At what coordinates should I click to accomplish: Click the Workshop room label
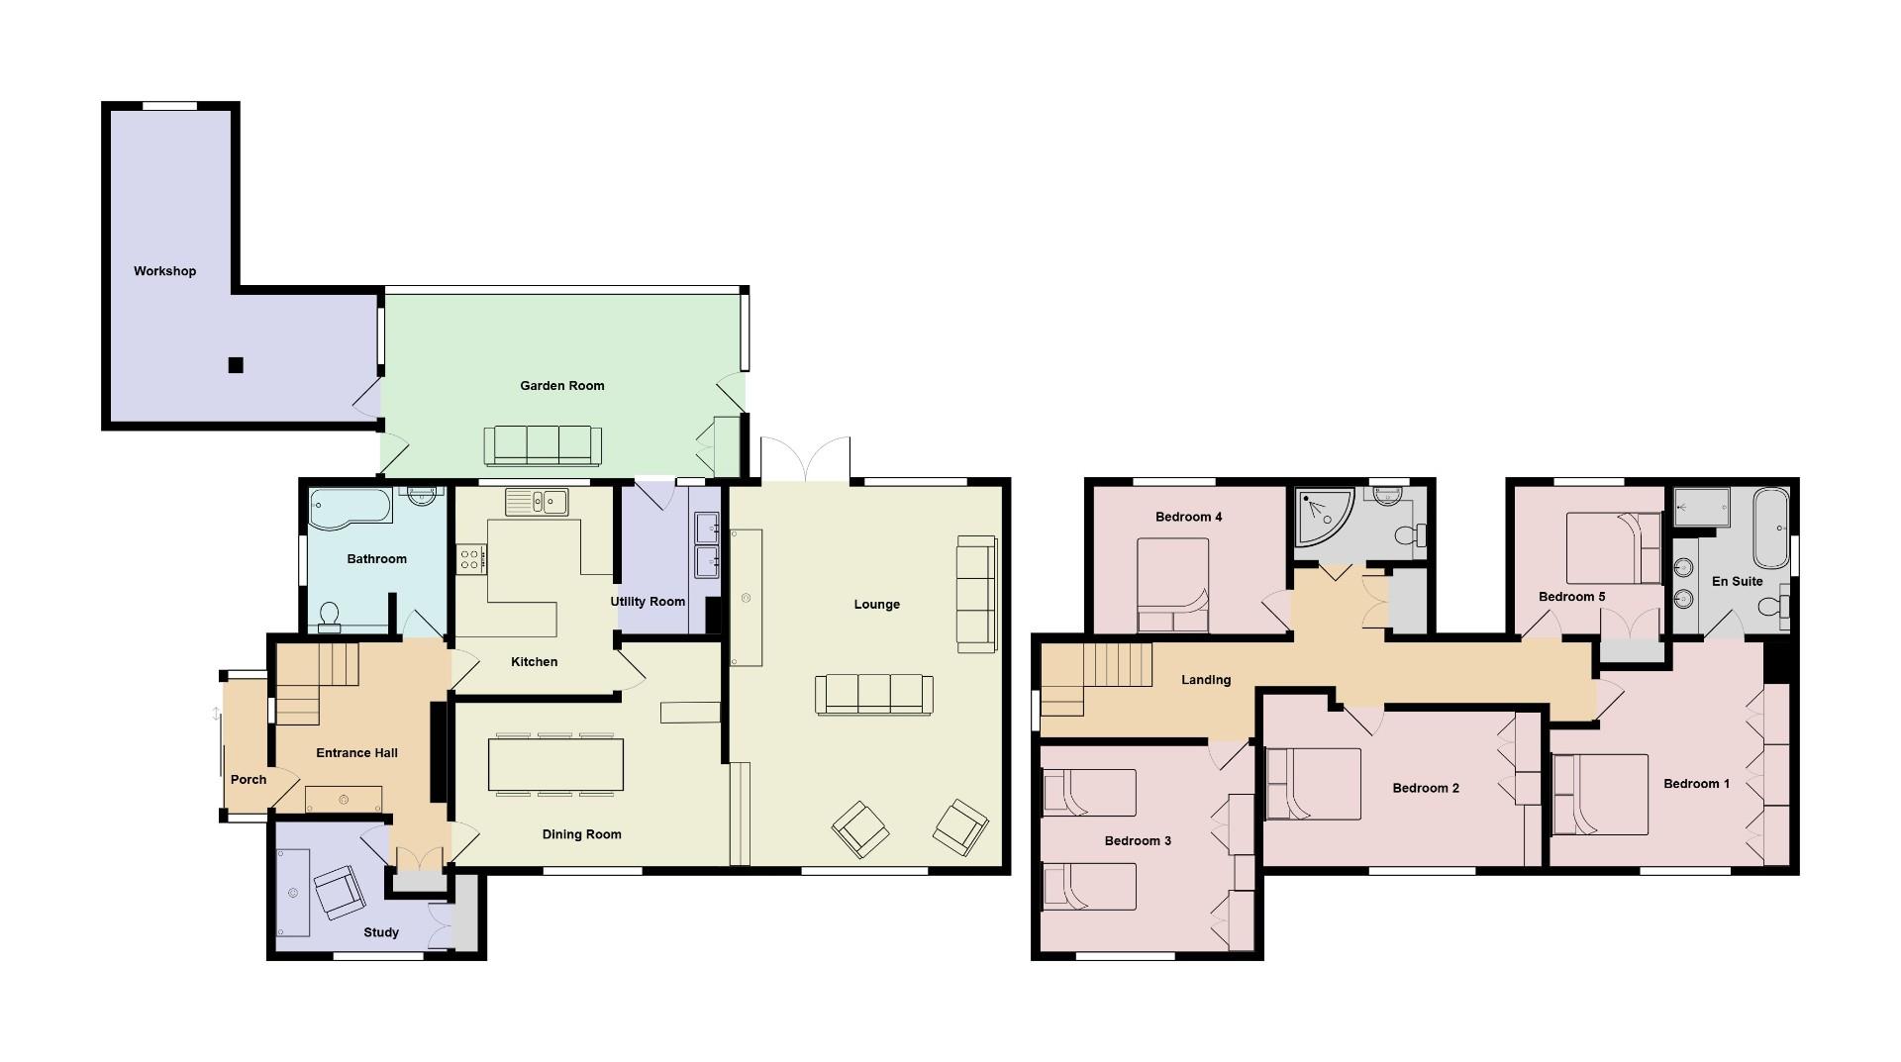165,271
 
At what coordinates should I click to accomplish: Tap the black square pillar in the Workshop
236,365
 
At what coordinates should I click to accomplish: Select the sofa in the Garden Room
542,445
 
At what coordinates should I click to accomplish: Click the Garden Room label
561,386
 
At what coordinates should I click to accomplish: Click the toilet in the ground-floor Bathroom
330,617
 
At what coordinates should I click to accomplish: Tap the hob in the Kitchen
470,558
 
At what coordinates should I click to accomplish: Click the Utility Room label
648,602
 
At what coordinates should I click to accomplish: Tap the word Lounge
876,605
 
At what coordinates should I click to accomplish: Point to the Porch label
249,780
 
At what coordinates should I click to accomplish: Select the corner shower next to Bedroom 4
1323,515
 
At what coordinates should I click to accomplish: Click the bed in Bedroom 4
1173,584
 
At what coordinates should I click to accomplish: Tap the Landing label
1205,680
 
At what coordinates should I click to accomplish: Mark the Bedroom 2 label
1426,789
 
